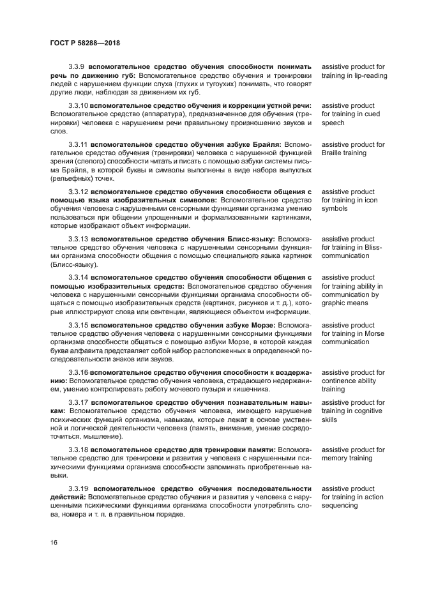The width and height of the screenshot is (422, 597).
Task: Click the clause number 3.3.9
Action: coord(77,66)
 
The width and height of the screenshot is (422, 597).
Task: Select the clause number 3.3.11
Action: coord(79,144)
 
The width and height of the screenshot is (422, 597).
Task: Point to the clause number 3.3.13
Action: coord(79,239)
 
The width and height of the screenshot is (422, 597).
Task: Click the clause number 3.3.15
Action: coord(79,325)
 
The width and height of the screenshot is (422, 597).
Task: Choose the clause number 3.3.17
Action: coord(79,402)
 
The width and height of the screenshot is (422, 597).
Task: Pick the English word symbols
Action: coord(335,209)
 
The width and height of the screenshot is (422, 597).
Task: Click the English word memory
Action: coord(336,458)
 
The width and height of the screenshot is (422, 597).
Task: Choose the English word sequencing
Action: coord(340,506)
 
